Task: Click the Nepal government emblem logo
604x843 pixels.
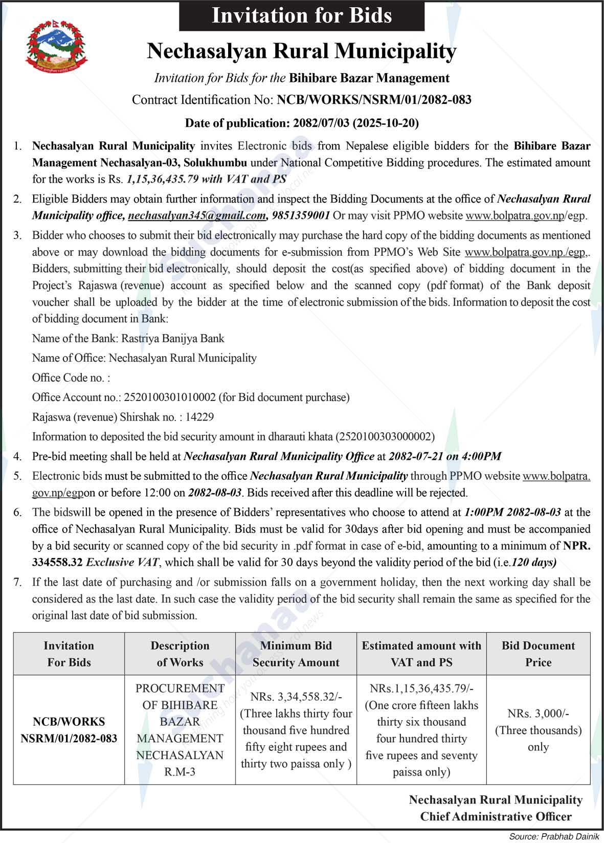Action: [56, 47]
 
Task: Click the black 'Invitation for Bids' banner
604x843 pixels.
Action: [301, 16]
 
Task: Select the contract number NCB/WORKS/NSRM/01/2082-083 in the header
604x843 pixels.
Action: [374, 100]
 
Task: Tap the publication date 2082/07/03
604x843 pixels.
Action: [321, 123]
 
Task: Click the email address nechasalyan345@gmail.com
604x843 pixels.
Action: [197, 215]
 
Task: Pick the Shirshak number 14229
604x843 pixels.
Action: [199, 417]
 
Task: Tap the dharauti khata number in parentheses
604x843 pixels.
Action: [385, 436]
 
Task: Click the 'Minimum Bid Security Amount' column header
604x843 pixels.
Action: [296, 654]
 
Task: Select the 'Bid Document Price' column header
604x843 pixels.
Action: [538, 654]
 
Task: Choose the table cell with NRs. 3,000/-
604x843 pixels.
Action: [538, 730]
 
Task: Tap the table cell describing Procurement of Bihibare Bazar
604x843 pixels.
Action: [180, 730]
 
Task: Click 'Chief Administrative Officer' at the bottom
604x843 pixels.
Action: [496, 816]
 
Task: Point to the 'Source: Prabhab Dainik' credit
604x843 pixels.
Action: [554, 836]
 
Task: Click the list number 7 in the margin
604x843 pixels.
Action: [18, 582]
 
